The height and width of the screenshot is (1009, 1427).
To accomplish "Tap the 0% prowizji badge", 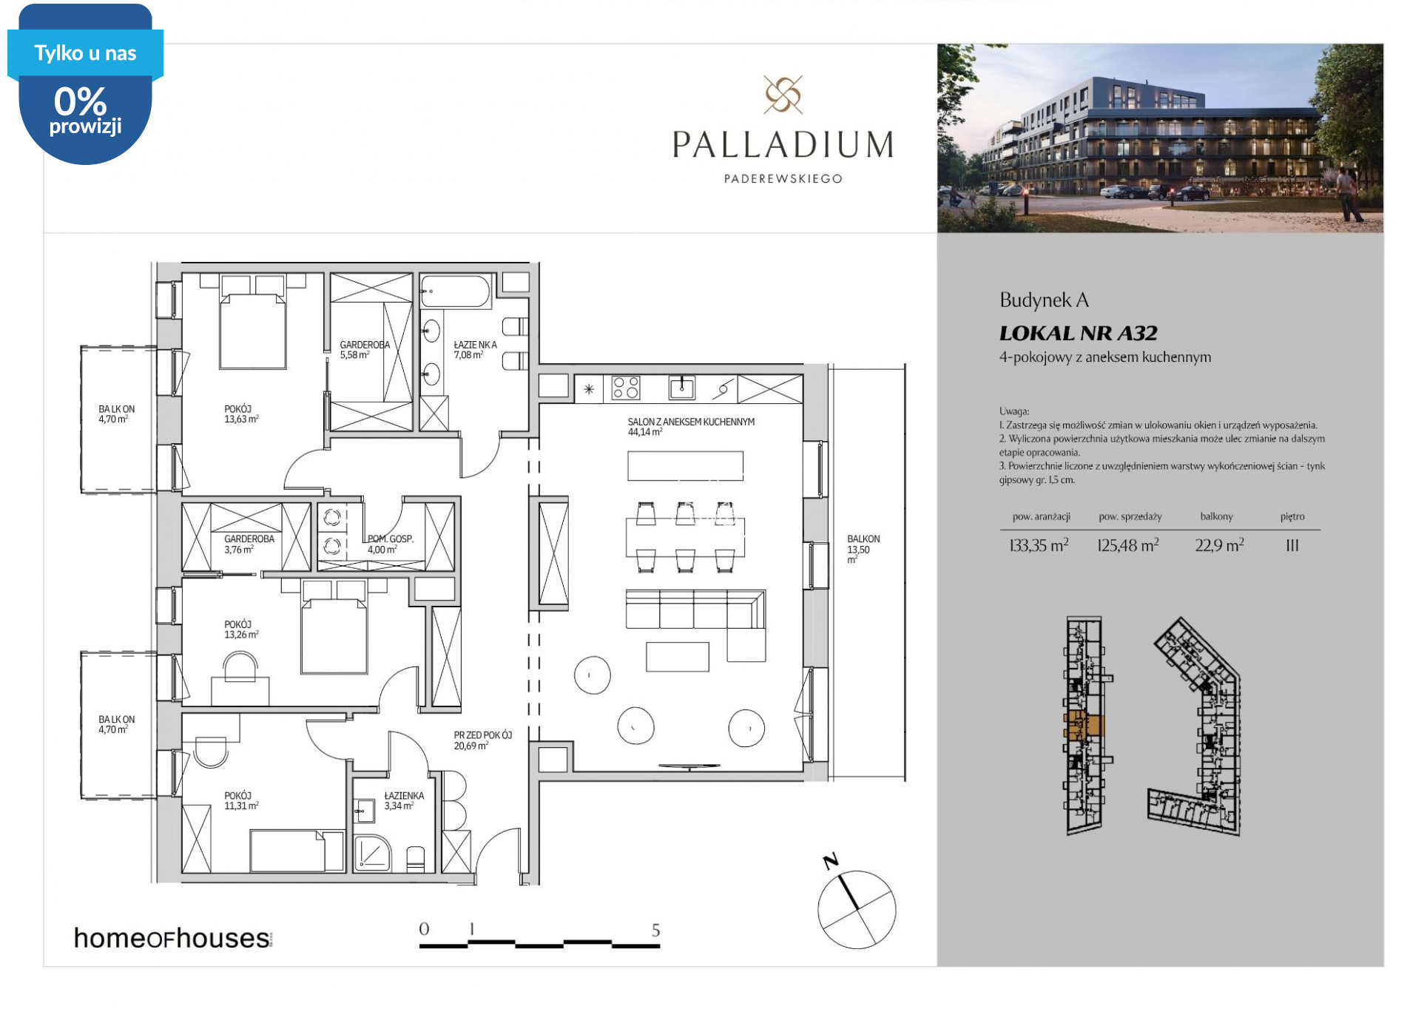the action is click(x=86, y=84).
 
